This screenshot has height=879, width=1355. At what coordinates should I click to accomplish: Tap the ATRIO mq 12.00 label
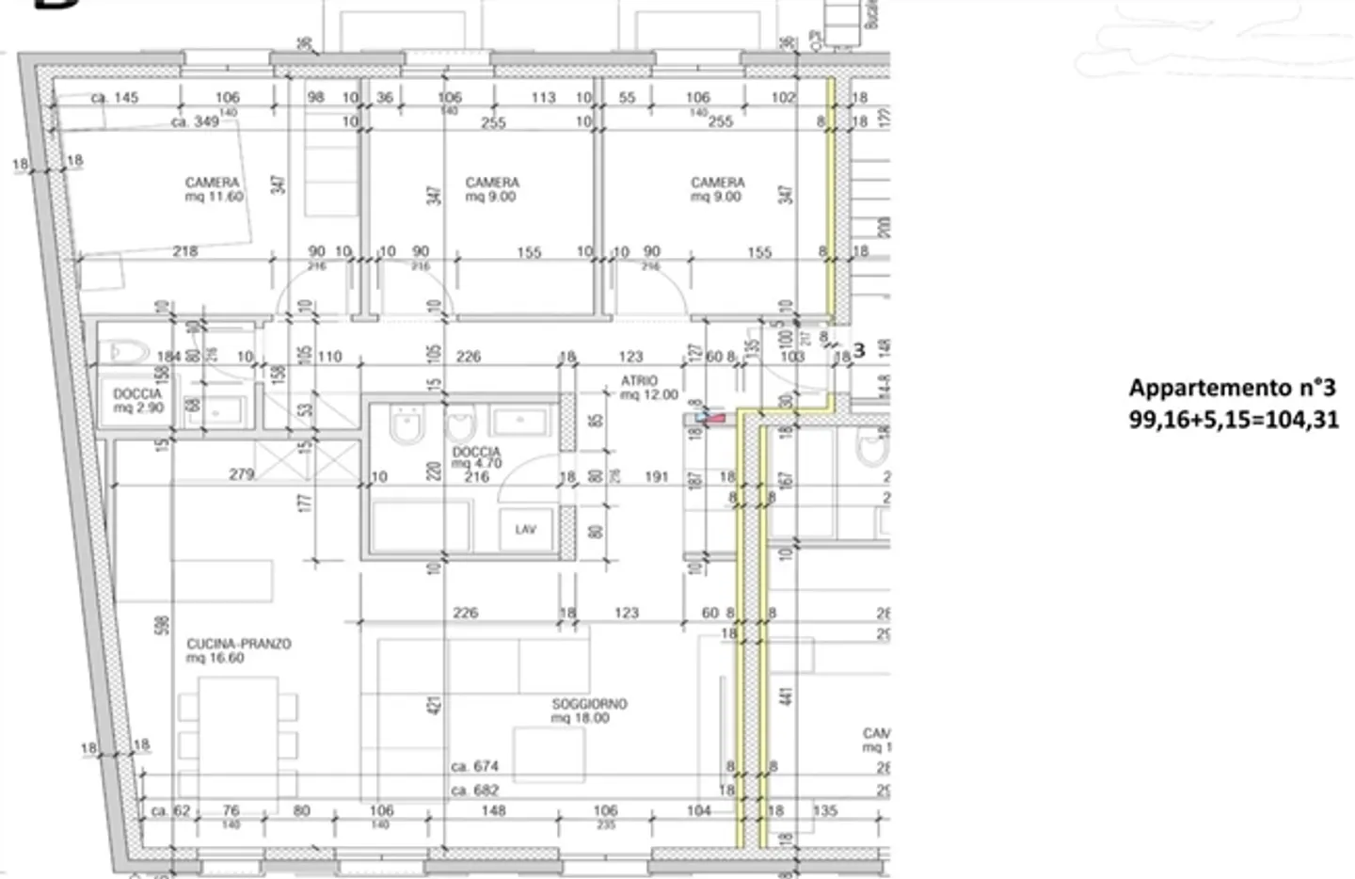(x=648, y=388)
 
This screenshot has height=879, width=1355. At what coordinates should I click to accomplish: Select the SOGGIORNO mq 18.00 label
(x=589, y=711)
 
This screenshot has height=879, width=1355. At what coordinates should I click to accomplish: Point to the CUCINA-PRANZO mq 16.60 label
(x=238, y=650)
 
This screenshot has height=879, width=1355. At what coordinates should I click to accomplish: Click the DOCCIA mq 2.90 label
(x=137, y=401)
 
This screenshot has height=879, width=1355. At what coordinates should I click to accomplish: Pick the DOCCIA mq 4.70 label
(x=476, y=458)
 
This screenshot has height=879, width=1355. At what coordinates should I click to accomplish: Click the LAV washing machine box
(x=525, y=530)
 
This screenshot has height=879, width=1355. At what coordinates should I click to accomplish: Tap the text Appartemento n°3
(x=1232, y=388)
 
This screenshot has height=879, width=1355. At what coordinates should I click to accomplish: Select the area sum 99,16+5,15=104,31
(x=1234, y=420)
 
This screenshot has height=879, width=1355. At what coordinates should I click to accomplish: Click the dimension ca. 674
(x=474, y=767)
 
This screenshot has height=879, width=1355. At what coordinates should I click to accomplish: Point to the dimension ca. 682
(x=474, y=791)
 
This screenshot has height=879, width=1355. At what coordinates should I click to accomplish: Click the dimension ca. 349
(x=195, y=121)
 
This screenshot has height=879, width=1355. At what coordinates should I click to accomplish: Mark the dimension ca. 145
(x=114, y=97)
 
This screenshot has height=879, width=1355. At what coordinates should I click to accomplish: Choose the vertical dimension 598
(x=161, y=625)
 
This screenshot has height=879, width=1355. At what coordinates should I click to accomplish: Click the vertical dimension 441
(x=787, y=695)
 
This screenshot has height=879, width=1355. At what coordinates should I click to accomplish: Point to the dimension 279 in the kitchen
(x=241, y=474)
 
